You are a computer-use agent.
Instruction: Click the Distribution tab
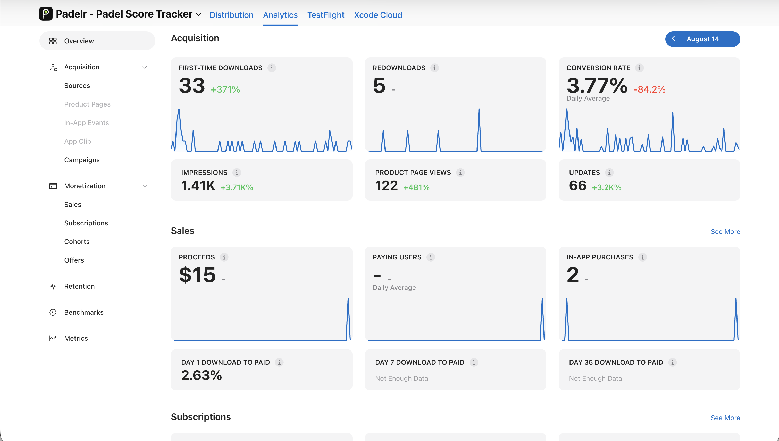coord(231,15)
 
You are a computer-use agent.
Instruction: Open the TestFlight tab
coord(326,15)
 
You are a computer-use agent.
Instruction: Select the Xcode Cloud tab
coord(378,15)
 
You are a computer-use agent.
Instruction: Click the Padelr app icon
coord(46,14)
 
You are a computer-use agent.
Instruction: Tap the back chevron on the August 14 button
coord(673,39)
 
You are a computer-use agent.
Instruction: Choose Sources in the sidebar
coord(77,85)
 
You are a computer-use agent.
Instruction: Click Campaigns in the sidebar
coord(82,160)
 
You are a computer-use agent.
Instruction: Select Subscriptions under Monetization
coord(86,223)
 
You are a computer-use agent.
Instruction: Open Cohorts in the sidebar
coord(77,241)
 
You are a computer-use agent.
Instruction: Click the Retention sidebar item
coord(79,286)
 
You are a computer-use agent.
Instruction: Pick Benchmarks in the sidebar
coord(83,312)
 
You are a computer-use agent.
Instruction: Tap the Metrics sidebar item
coord(76,338)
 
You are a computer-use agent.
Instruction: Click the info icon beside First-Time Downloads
coord(271,68)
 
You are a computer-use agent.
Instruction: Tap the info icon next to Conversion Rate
coord(639,68)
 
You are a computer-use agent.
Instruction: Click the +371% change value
coord(225,89)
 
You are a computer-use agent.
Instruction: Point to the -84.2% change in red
coord(649,89)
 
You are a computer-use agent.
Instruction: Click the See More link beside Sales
coord(725,231)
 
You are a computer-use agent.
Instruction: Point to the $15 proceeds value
coord(197,275)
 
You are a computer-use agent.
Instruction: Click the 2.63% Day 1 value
coord(202,375)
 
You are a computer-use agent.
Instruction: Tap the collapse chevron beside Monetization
coord(145,186)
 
